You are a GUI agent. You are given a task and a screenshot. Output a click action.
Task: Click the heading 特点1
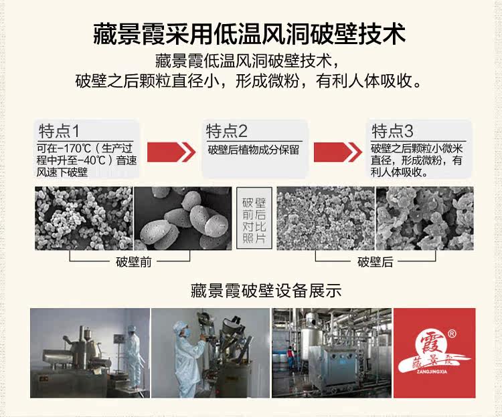click(59, 131)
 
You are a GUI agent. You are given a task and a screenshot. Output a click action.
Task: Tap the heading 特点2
click(227, 131)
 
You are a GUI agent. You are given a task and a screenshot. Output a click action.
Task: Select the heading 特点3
click(392, 131)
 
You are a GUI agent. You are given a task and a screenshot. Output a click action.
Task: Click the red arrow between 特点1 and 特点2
click(171, 152)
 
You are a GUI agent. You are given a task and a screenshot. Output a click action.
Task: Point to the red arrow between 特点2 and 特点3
click(338, 152)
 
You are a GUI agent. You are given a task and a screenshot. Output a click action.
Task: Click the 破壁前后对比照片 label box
click(254, 219)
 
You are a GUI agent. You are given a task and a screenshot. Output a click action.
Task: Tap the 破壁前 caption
click(133, 262)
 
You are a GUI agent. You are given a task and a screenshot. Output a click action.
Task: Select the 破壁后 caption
click(375, 262)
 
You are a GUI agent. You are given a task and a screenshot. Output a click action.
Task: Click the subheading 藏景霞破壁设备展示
click(266, 291)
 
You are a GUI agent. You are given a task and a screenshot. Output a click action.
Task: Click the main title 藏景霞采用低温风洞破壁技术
click(250, 33)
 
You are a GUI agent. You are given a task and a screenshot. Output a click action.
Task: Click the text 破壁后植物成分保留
click(254, 150)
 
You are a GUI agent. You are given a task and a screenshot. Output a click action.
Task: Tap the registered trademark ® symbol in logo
click(452, 334)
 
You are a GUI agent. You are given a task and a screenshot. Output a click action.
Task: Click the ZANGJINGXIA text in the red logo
click(432, 372)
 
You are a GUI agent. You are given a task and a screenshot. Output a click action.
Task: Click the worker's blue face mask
click(187, 333)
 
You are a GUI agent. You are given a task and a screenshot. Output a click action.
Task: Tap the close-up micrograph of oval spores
click(183, 219)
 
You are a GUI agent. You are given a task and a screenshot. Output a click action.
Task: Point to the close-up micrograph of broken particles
click(424, 219)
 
